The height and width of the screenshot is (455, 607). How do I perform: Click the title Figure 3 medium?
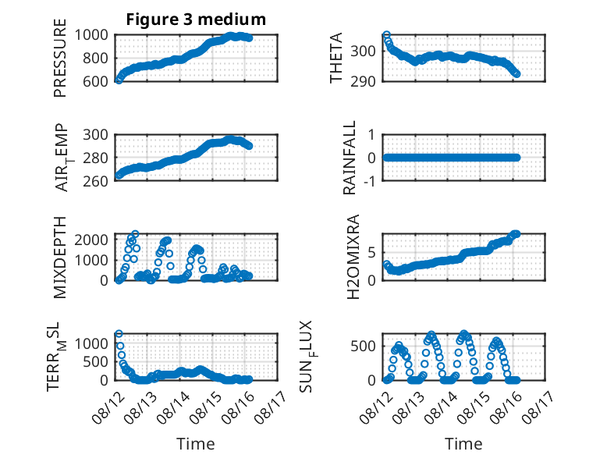coord(196,19)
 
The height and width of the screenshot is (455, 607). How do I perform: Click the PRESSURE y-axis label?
coord(60,58)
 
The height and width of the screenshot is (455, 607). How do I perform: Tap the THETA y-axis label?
coord(336,58)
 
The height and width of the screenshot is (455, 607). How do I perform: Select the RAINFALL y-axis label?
coord(350,158)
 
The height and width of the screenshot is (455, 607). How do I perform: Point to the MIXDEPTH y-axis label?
coord(60,258)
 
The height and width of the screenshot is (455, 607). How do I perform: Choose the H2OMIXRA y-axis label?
coord(353,257)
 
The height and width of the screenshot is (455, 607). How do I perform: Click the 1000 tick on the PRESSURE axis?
coord(91,35)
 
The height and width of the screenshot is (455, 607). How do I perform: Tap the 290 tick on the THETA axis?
coord(363,81)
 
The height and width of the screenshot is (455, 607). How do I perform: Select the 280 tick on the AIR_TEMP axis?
coord(96,158)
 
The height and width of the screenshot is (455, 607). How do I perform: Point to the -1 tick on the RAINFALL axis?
coord(370,181)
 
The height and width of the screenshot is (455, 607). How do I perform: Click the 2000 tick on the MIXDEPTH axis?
coord(91,240)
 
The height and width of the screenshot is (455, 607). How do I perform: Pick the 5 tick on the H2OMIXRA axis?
coord(372,253)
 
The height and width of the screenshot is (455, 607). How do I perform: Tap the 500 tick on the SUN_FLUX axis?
coord(363,347)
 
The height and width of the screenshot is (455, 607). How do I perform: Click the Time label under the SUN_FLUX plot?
coord(463,443)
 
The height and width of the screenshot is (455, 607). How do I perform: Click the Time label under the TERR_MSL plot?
coord(196,443)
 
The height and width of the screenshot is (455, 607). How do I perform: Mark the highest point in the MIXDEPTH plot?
coord(135,234)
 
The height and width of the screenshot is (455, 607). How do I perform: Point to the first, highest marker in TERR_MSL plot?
coord(119,334)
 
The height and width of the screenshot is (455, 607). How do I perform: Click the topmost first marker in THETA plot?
coord(386,35)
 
